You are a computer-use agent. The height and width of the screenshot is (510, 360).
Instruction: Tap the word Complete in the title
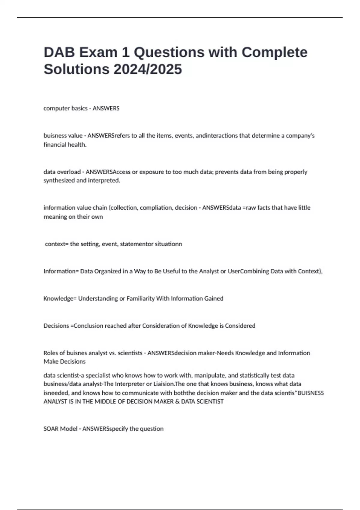(274, 52)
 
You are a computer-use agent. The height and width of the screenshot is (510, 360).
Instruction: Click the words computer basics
(65, 108)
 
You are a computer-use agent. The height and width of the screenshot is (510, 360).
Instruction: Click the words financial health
(65, 145)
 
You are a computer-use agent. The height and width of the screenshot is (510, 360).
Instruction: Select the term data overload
(62, 172)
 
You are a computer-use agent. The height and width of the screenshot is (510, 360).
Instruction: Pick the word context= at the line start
(57, 244)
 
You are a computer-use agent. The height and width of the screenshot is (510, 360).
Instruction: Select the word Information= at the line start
(61, 271)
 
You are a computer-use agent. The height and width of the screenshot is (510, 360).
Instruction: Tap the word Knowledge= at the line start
(60, 298)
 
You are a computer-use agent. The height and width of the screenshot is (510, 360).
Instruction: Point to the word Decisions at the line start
(56, 326)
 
